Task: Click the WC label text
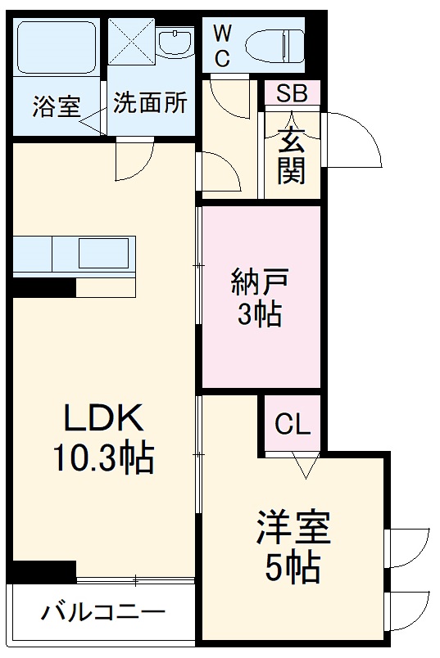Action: (x=222, y=45)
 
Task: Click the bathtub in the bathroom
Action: (x=56, y=48)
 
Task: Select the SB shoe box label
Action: (x=291, y=93)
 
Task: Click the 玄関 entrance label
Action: (x=291, y=155)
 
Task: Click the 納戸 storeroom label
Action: (x=260, y=283)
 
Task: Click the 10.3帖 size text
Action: (x=104, y=459)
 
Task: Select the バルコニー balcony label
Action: (x=104, y=611)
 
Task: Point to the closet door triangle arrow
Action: (x=304, y=467)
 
